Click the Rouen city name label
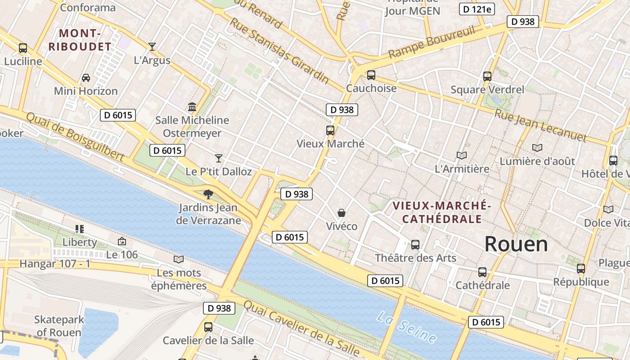click(516, 244)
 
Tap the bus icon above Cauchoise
click(371, 75)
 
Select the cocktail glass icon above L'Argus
click(152, 47)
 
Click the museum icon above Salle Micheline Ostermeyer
click(192, 107)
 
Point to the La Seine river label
click(406, 327)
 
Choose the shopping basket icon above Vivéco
click(342, 212)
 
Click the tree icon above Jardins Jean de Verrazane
click(208, 194)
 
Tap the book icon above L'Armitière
click(462, 156)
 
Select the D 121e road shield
click(477, 9)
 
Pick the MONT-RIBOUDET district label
click(80, 40)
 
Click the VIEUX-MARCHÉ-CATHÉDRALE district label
click(441, 212)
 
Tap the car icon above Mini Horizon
click(85, 78)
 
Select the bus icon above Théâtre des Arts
click(415, 245)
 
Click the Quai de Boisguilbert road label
click(75, 136)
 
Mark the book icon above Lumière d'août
click(537, 148)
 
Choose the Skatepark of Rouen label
click(59, 326)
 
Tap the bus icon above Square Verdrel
click(487, 76)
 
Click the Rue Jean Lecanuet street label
click(540, 125)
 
